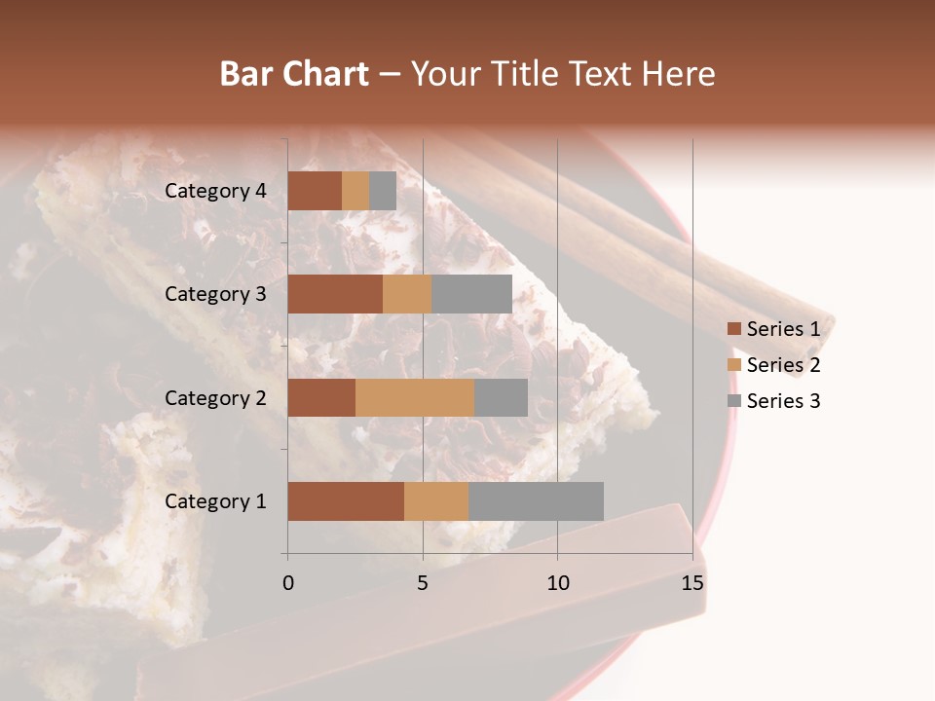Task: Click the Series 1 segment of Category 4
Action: point(315,191)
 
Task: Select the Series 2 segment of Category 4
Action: point(355,191)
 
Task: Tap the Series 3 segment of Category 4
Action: point(383,191)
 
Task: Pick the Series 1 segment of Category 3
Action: point(335,294)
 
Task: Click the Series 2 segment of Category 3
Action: point(407,294)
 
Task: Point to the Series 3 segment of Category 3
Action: point(471,294)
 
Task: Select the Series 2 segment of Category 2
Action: point(415,397)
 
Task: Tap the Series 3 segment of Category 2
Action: point(501,397)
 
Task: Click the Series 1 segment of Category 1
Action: point(346,501)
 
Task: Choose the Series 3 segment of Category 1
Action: point(536,501)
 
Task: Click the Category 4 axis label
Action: point(215,191)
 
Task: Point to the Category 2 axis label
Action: point(215,397)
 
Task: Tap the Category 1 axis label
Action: point(215,501)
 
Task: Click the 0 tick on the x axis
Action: point(288,583)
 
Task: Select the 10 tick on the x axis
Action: point(557,583)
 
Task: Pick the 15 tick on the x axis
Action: point(692,583)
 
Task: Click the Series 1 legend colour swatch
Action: point(733,329)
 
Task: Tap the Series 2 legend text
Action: point(783,365)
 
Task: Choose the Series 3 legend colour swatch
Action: point(733,401)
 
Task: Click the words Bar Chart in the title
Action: point(294,74)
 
